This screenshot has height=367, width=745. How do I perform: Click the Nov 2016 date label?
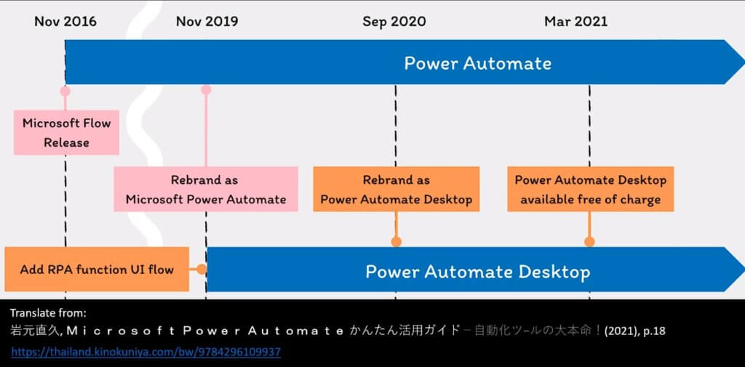click(x=65, y=21)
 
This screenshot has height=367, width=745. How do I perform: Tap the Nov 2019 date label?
click(x=207, y=21)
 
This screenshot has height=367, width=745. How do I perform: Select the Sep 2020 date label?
click(x=394, y=21)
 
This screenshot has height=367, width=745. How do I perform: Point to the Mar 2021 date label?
click(x=576, y=21)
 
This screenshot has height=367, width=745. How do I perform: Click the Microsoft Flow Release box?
click(x=66, y=132)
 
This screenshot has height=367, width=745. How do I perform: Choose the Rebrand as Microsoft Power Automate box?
click(x=206, y=189)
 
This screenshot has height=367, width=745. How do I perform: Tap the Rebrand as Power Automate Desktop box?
click(x=397, y=189)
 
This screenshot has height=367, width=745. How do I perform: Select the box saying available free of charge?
click(x=591, y=189)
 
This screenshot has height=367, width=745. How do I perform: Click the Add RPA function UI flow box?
click(x=97, y=269)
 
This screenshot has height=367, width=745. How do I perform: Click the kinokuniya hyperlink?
click(x=146, y=352)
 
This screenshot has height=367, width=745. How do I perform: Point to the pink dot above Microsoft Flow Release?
click(x=65, y=91)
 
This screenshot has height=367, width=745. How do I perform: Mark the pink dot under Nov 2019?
click(x=206, y=89)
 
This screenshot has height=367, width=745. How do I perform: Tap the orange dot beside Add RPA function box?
click(x=202, y=270)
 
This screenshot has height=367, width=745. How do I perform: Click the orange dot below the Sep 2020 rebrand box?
click(x=397, y=242)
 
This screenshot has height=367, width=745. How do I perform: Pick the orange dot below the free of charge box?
click(x=589, y=242)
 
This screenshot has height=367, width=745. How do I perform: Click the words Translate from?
click(x=49, y=313)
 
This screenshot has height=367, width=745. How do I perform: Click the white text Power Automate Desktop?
click(x=478, y=272)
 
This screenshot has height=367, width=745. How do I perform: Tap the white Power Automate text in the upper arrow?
click(x=478, y=63)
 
